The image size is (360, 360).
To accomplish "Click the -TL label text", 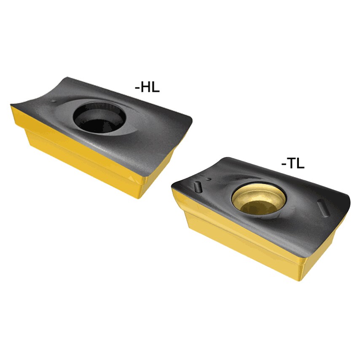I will coord(293,163).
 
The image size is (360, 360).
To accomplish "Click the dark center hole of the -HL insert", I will coord(99,116).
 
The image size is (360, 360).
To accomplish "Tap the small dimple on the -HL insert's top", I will coord(54,102).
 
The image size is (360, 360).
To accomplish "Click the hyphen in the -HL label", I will coord(137,88).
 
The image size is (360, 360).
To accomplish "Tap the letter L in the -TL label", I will coord(300,163).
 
